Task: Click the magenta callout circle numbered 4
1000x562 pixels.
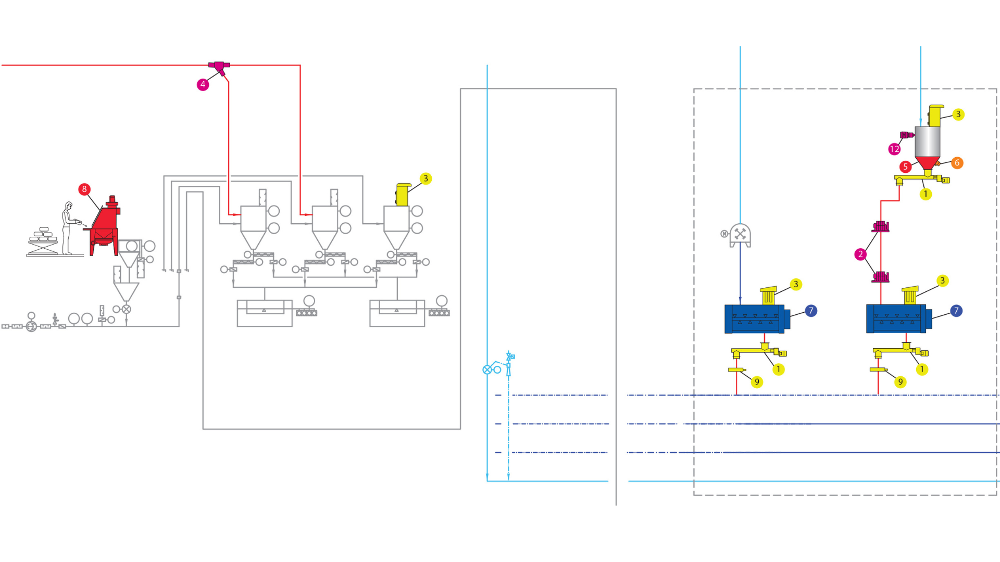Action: pos(203,84)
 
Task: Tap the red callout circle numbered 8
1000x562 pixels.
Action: pos(84,189)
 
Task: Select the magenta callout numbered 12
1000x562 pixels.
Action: pos(894,149)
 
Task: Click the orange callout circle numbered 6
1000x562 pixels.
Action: pos(957,163)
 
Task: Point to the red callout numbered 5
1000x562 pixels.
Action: pos(905,167)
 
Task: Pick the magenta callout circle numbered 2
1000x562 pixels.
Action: pos(860,254)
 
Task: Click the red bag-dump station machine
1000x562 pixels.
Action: pos(106,226)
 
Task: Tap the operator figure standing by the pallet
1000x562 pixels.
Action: pos(68,228)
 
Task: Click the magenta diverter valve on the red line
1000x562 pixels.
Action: pos(220,67)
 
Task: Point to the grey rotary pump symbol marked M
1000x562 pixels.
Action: pos(740,235)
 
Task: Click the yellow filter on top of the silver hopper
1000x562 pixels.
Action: pos(935,116)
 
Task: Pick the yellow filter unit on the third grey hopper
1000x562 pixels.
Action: pos(403,194)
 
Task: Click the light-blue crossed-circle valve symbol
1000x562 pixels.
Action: pos(487,369)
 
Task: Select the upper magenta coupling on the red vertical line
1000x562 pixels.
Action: pos(880,226)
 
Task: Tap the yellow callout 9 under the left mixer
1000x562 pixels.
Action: pos(757,382)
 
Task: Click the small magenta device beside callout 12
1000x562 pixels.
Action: pos(907,135)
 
